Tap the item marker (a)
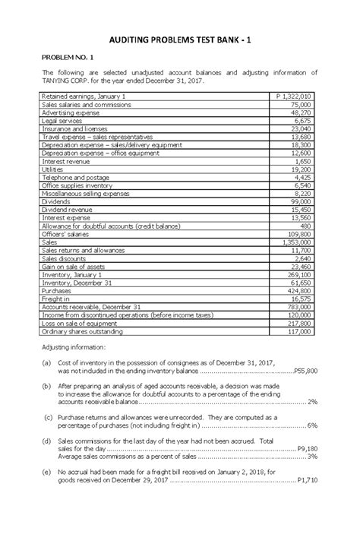click(x=46, y=364)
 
